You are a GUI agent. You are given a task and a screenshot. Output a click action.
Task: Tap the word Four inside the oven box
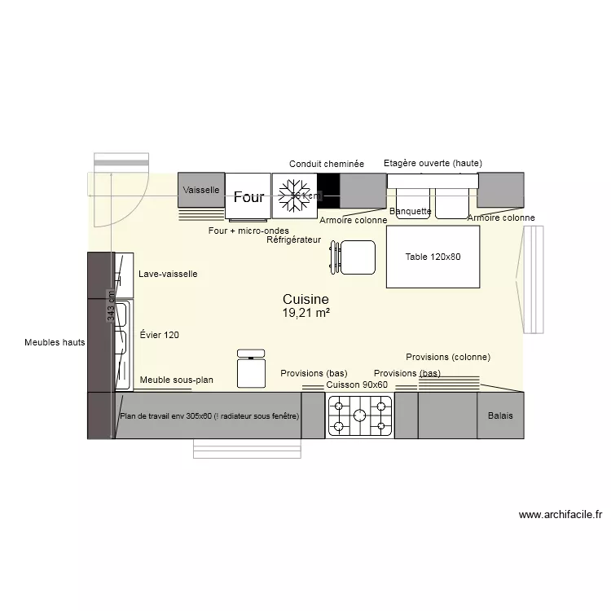tap(248, 197)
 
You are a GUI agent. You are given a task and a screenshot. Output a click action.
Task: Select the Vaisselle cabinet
tap(200, 190)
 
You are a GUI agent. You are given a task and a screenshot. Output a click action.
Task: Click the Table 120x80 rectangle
tap(433, 257)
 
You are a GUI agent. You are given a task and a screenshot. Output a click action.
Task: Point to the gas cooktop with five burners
tap(359, 415)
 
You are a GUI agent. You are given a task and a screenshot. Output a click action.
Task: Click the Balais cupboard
tap(500, 415)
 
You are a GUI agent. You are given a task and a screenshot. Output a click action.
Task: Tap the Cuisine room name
tap(305, 300)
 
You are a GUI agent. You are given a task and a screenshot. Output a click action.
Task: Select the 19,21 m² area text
tap(305, 313)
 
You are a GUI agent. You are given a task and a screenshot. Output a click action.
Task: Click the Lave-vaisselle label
tap(168, 275)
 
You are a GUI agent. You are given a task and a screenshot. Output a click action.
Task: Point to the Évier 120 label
tap(160, 335)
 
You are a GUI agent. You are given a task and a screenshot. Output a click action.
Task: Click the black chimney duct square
tap(327, 191)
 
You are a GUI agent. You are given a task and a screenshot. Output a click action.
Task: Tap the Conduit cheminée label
tap(326, 164)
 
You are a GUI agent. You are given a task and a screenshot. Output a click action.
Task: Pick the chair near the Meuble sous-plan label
tap(251, 369)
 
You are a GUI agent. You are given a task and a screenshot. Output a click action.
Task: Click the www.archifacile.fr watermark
tap(560, 515)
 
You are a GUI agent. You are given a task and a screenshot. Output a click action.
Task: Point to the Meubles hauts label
tap(55, 343)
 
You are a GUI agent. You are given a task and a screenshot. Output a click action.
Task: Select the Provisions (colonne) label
tap(447, 357)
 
